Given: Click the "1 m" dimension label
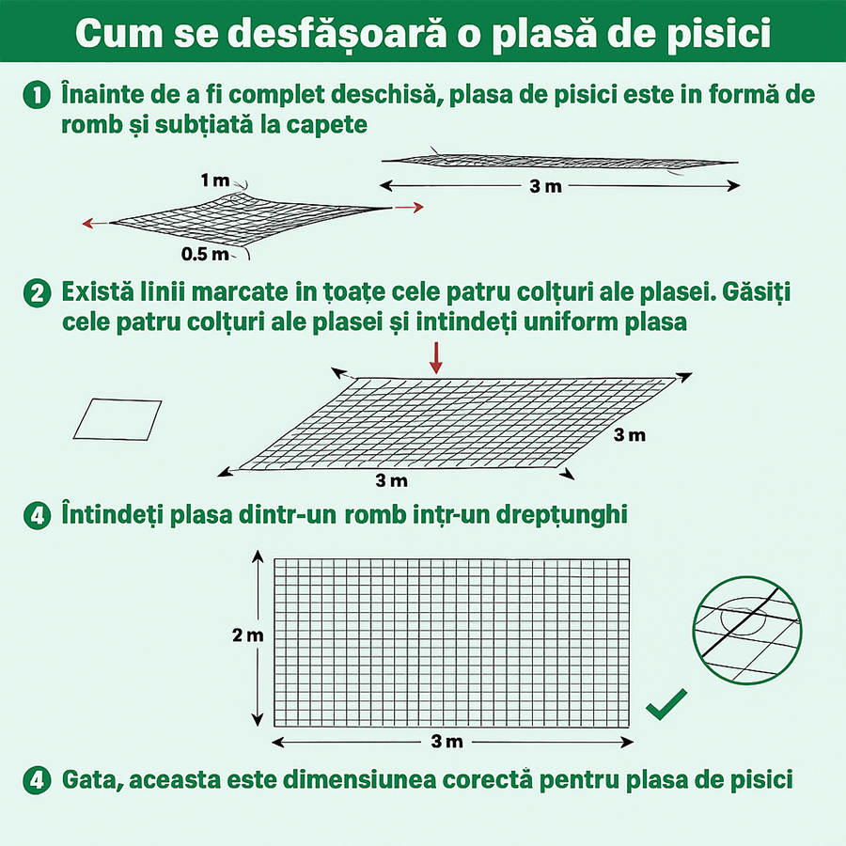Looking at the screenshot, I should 214,180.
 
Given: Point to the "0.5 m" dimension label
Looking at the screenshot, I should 205,254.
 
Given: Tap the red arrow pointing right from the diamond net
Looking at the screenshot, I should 406,206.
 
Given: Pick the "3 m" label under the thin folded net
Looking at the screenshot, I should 545,186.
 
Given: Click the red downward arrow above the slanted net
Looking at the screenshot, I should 434,358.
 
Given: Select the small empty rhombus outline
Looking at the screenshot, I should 117,419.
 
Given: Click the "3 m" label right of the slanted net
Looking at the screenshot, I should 630,435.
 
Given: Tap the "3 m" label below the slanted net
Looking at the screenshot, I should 391,481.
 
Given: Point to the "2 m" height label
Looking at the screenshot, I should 248,635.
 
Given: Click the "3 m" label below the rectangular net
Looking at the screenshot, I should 447,742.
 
